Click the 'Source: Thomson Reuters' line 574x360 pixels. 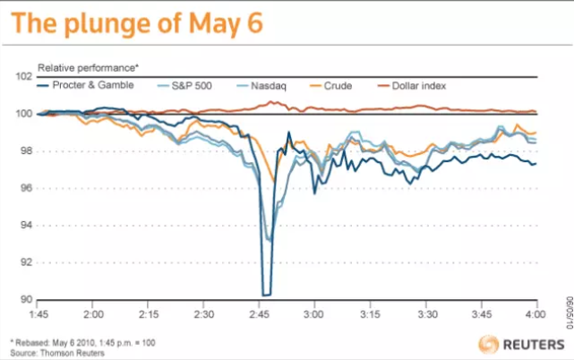[61, 352]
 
